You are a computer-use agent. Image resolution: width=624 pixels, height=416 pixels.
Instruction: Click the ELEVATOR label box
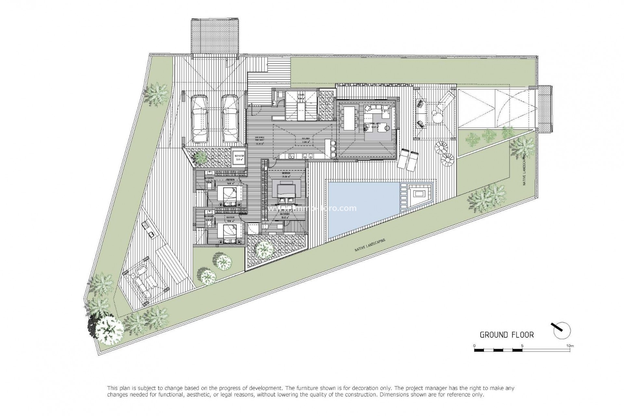(239, 158)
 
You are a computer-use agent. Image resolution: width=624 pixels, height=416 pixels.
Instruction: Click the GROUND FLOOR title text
(507, 335)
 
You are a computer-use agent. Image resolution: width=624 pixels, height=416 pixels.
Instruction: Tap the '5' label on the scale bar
(522, 346)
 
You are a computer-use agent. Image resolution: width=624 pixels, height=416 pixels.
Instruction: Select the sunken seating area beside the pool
(418, 195)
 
